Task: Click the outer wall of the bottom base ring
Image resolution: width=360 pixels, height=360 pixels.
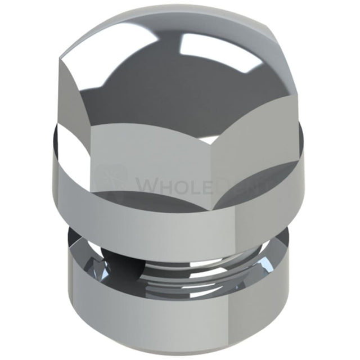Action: (x=180, y=315)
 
